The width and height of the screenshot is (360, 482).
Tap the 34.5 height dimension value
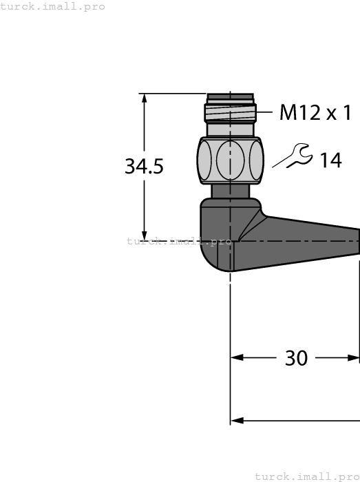(144, 167)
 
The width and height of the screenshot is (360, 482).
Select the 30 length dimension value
(296, 358)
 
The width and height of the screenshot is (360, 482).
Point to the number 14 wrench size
(330, 160)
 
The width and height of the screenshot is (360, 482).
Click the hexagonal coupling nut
(230, 160)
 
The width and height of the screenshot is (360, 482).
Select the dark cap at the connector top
(230, 98)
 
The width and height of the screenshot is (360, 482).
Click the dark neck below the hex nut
(230, 191)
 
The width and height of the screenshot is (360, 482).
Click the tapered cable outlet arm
(310, 241)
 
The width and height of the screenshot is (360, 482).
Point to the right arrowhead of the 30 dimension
(354, 358)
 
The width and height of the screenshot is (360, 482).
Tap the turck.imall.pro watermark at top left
(53, 6)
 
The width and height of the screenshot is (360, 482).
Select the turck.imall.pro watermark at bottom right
(307, 476)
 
